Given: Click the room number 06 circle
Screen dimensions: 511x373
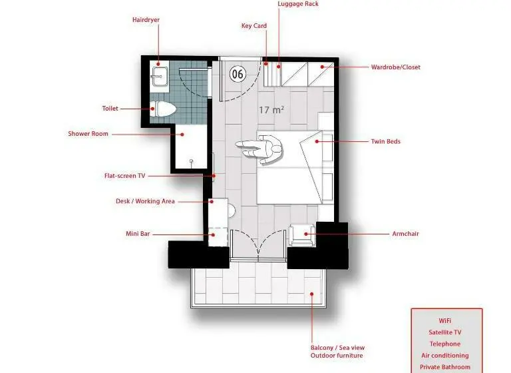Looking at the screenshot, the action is coord(238,74).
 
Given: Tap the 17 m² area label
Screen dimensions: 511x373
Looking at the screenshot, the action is coord(271,110).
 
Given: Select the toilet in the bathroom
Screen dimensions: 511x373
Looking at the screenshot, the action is coord(163,109).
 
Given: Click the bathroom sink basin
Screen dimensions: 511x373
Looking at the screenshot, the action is coord(160,77).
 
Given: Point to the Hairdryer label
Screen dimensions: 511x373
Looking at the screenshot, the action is coord(146,20).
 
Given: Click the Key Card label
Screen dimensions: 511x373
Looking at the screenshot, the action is coord(254,26).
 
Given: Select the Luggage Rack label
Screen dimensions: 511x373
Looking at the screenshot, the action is coord(298,4).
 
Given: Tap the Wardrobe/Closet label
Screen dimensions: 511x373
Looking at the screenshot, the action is coord(396,67).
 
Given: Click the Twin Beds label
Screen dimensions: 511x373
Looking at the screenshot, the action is coord(385,142).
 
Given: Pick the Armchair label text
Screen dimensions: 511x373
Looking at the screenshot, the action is coord(405,234).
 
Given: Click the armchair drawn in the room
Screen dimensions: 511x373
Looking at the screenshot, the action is coord(302,235).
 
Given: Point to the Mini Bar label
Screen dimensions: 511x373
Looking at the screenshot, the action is coord(138,234).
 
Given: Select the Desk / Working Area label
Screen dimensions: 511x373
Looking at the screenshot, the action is coord(145,201).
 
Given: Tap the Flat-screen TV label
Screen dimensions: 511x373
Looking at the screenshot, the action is coord(124,176).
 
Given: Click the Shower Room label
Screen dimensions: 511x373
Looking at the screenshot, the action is coord(88,134).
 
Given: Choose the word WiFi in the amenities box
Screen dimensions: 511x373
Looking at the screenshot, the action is coord(445,321).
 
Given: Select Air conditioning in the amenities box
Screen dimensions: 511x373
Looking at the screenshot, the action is coord(445,356).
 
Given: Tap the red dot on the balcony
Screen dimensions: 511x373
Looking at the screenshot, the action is coord(311,294).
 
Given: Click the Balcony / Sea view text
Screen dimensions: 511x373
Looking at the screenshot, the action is coord(337,348).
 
